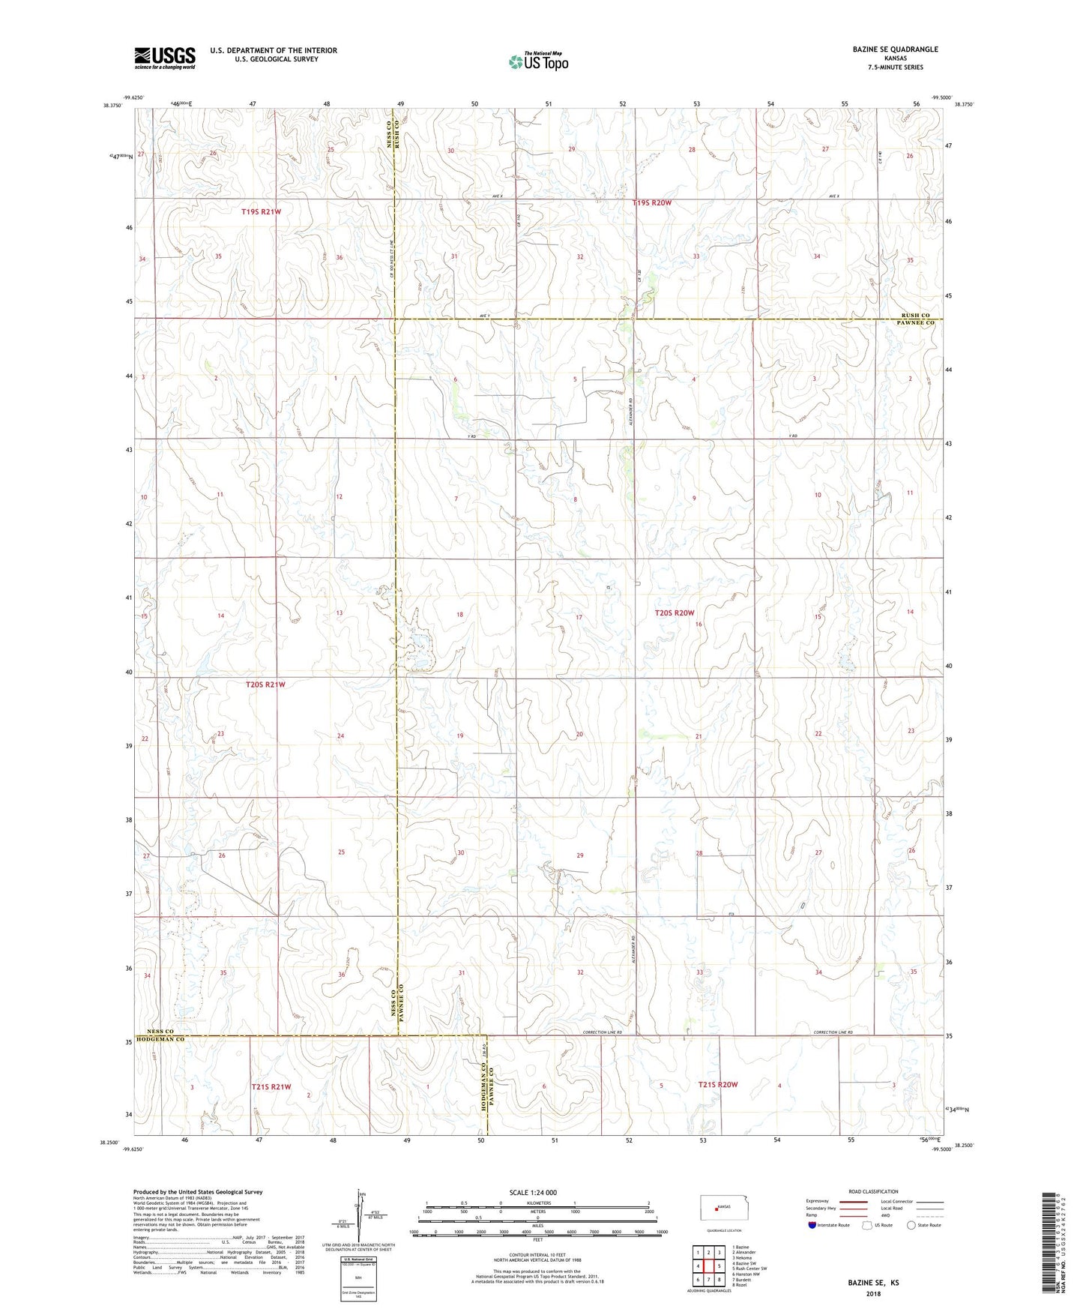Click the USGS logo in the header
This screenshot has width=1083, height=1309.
click(164, 58)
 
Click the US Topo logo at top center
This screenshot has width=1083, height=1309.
click(538, 61)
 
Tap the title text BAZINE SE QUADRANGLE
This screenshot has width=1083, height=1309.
click(895, 49)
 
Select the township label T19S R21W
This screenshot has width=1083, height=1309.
click(261, 212)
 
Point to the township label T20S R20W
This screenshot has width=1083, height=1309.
click(675, 613)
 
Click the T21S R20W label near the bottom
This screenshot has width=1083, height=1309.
click(718, 1084)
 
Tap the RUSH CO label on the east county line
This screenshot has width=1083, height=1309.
click(915, 316)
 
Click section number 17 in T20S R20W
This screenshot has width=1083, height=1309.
click(579, 617)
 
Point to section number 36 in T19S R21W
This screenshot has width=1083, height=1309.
click(340, 257)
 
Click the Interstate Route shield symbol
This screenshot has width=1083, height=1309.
click(813, 1226)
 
